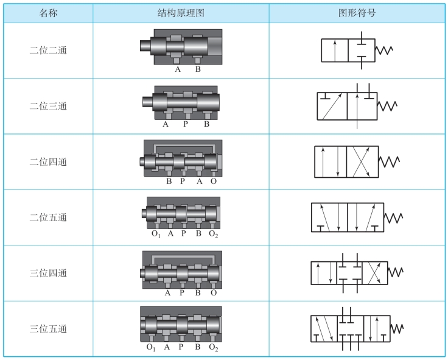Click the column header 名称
coord(48,13)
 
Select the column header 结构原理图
coord(180,13)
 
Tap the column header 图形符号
coord(357,13)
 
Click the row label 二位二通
coord(48,51)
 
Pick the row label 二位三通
coord(48,106)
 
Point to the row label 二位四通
coord(48,162)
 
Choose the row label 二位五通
coord(48,217)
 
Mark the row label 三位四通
coord(48,274)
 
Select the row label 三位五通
coord(48,329)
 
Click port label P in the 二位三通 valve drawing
coord(185,125)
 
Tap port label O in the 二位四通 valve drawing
coord(213,181)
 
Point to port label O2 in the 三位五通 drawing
coord(213,348)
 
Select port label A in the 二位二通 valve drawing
coord(178,69)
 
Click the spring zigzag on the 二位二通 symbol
coord(385,51)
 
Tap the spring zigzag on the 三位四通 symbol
coord(396,272)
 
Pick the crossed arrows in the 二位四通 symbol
coord(362,161)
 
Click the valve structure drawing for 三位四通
coord(181,269)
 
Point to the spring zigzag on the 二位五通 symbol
coord(393,217)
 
